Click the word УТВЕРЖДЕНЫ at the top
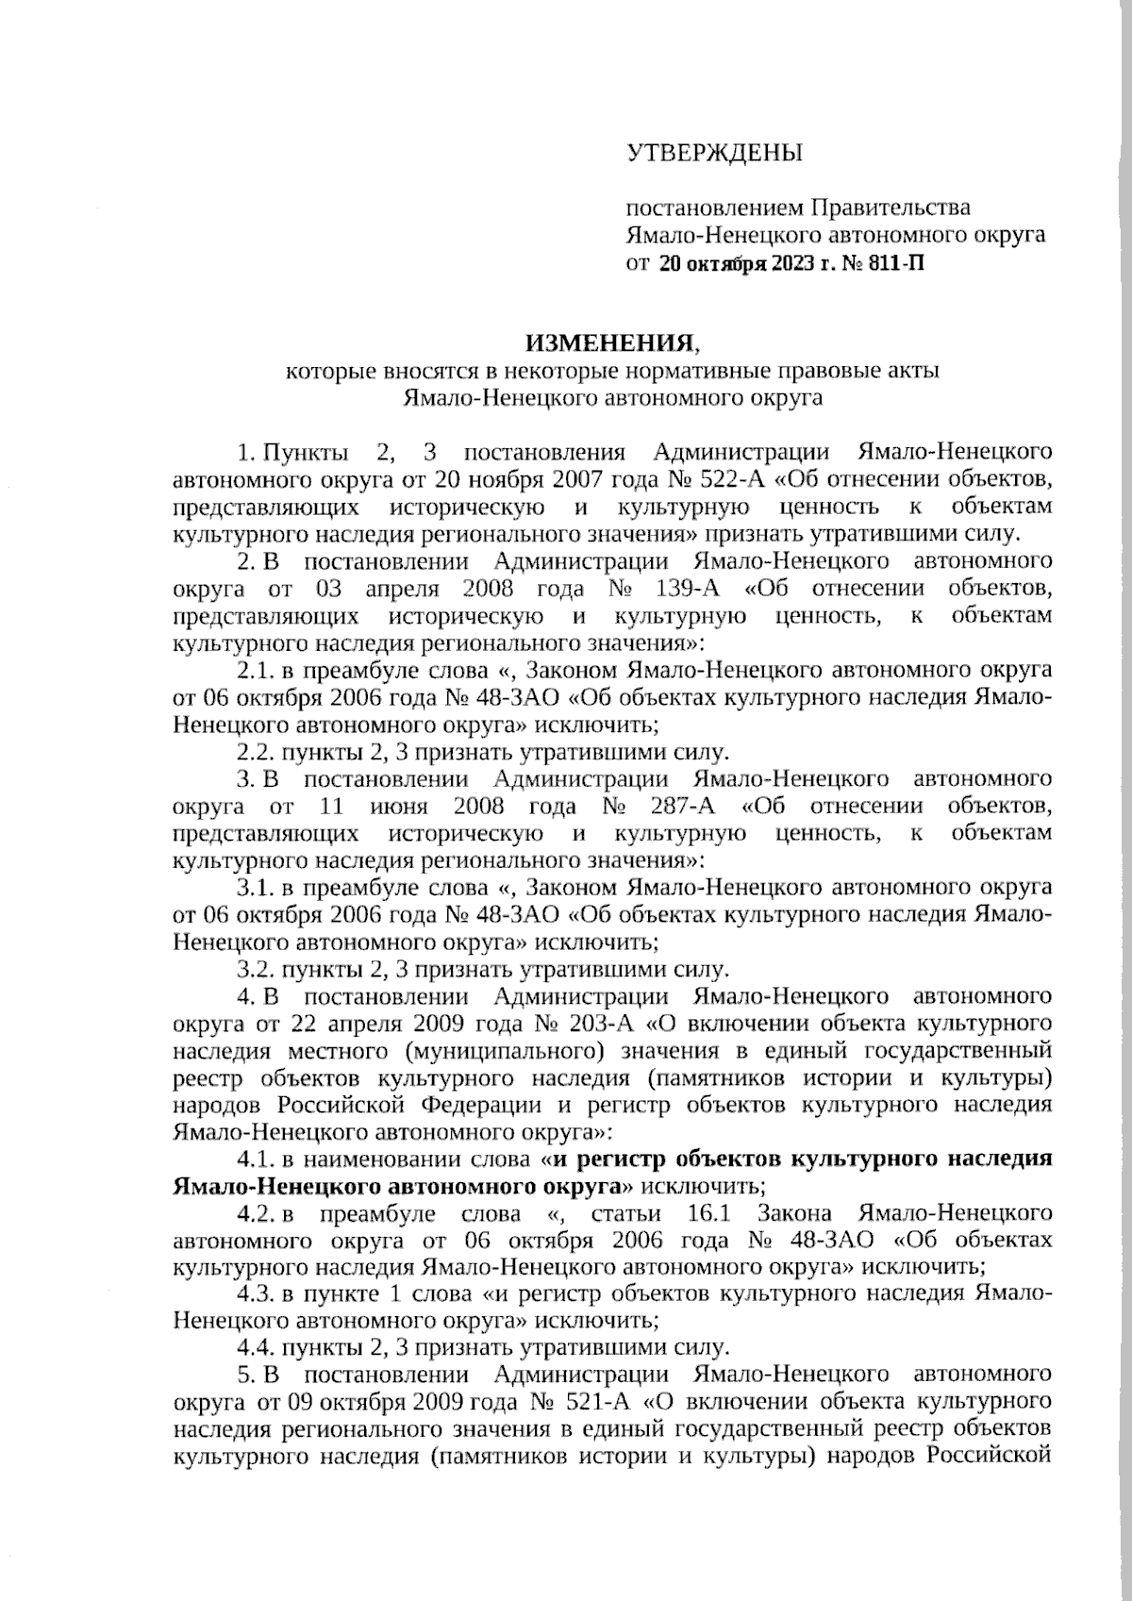(715, 152)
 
